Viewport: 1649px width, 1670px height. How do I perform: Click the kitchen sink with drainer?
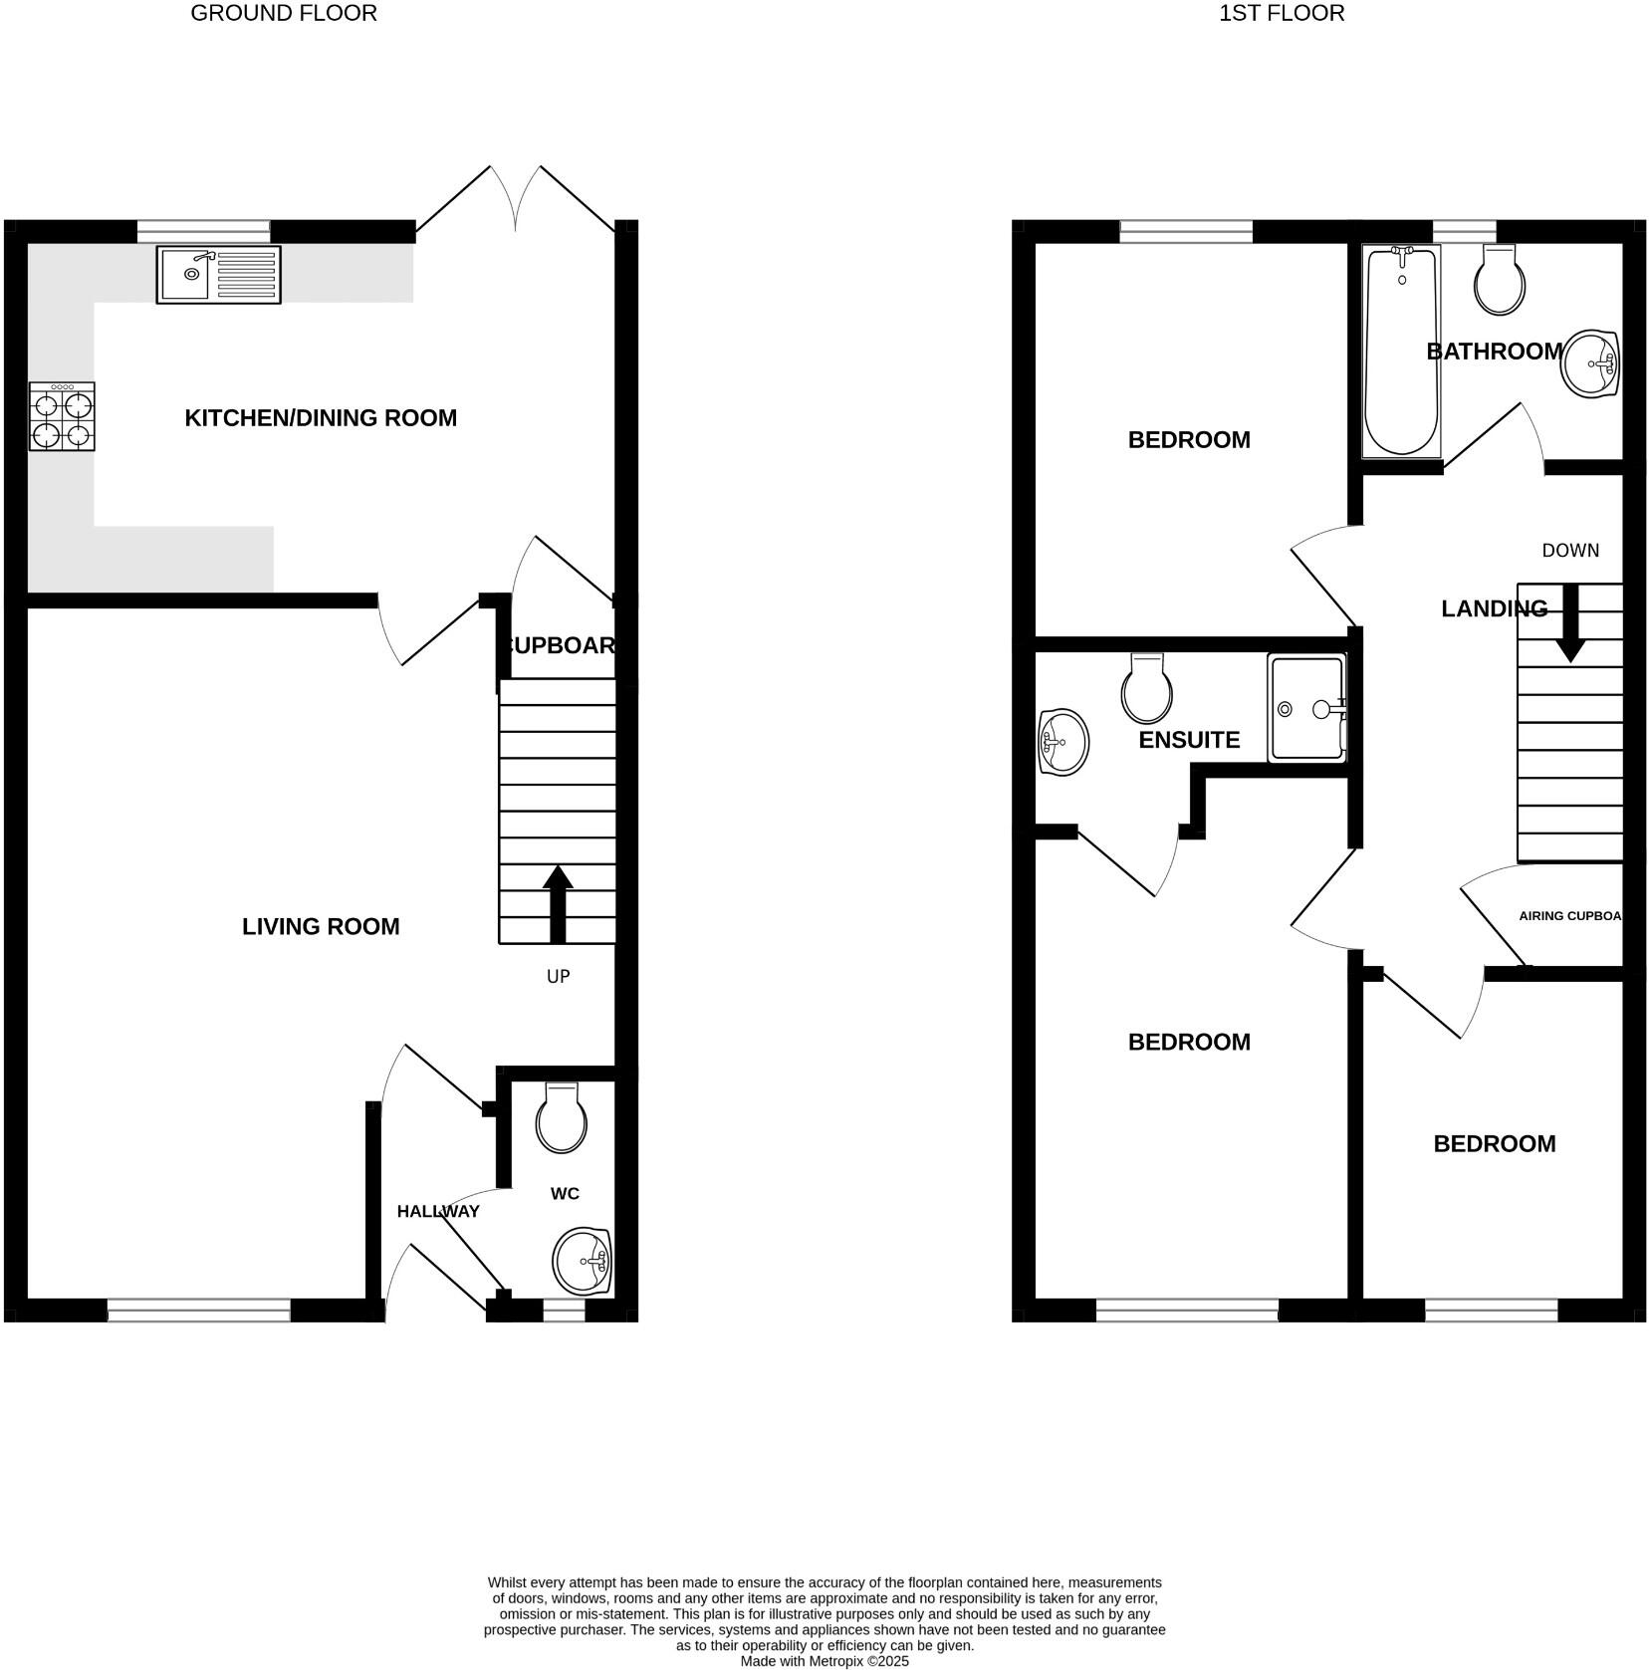pyautogui.click(x=219, y=274)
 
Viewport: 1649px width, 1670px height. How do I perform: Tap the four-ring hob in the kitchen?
pyautogui.click(x=62, y=417)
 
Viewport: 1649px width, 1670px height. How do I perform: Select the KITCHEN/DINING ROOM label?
pyautogui.click(x=321, y=418)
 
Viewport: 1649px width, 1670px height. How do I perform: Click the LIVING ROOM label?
pyautogui.click(x=321, y=927)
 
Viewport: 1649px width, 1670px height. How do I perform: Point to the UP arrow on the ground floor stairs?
pyautogui.click(x=558, y=903)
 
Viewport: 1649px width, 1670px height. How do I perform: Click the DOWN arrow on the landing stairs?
pyautogui.click(x=1570, y=623)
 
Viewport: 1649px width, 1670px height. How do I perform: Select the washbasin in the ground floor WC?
pyautogui.click(x=582, y=1262)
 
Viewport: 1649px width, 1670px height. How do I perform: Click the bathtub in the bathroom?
pyautogui.click(x=1401, y=351)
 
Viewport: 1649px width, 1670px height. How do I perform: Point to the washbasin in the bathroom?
pyautogui.click(x=1590, y=363)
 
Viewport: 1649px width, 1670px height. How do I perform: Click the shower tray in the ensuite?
pyautogui.click(x=1306, y=708)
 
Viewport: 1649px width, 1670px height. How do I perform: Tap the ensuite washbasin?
pyautogui.click(x=1062, y=742)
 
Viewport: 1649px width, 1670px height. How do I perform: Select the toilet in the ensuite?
pyautogui.click(x=1146, y=689)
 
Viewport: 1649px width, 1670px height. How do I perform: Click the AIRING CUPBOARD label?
pyautogui.click(x=1569, y=916)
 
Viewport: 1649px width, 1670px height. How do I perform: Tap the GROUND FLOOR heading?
pyautogui.click(x=284, y=13)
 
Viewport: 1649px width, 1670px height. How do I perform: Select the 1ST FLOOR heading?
pyautogui.click(x=1282, y=13)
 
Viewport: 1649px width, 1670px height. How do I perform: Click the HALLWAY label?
pyautogui.click(x=438, y=1212)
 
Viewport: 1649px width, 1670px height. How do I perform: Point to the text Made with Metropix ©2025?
pyautogui.click(x=824, y=1661)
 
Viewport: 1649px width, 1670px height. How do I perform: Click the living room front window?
pyautogui.click(x=198, y=1312)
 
